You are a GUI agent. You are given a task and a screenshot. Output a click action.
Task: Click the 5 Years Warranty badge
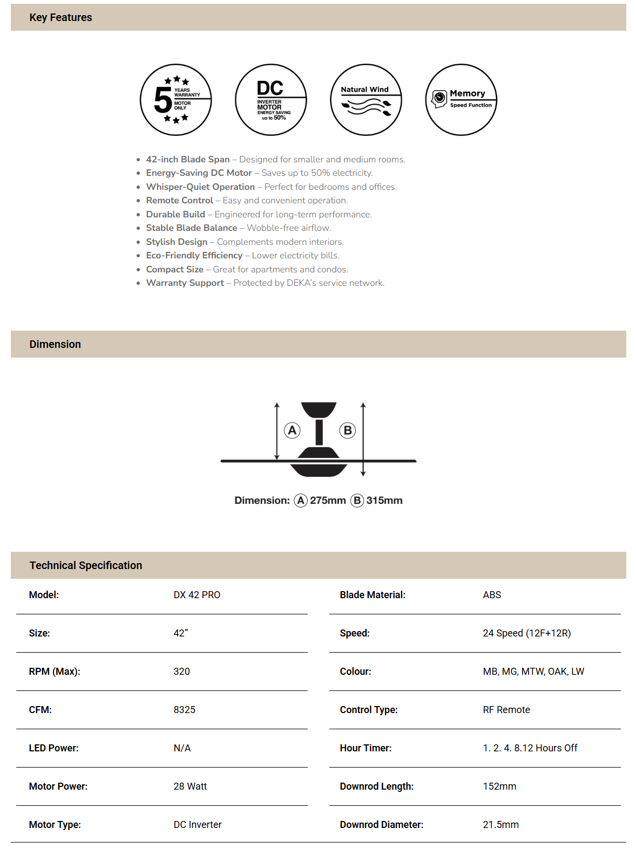click(175, 100)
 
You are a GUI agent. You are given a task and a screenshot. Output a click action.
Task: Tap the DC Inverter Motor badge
click(271, 100)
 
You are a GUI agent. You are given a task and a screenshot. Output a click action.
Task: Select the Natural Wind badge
click(366, 100)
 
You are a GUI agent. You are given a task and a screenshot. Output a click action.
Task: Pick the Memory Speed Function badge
click(461, 100)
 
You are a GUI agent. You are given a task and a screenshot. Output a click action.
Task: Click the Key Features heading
click(60, 17)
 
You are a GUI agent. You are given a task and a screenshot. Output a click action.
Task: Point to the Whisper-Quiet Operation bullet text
click(200, 187)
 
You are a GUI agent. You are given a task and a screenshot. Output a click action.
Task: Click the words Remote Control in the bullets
click(180, 201)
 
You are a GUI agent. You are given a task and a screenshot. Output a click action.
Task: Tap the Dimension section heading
click(55, 344)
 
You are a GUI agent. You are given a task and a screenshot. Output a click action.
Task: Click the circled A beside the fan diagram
click(292, 430)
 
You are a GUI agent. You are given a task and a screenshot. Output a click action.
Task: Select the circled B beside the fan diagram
click(348, 430)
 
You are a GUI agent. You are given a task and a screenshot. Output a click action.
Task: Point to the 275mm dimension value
click(328, 501)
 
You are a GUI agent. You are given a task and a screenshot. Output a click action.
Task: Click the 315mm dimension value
click(384, 501)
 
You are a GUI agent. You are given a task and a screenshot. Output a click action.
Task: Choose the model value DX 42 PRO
click(197, 595)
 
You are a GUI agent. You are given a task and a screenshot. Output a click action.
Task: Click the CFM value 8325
click(185, 710)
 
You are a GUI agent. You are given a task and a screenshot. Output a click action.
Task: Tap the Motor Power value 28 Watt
click(190, 786)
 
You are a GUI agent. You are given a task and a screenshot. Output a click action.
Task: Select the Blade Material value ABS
click(492, 595)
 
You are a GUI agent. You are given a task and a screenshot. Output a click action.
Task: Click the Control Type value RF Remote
click(506, 710)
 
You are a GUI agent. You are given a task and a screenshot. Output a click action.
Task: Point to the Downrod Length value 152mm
click(499, 786)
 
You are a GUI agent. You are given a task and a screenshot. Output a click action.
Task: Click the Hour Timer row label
click(366, 748)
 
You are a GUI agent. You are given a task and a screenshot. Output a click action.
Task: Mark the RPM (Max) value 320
click(182, 672)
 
